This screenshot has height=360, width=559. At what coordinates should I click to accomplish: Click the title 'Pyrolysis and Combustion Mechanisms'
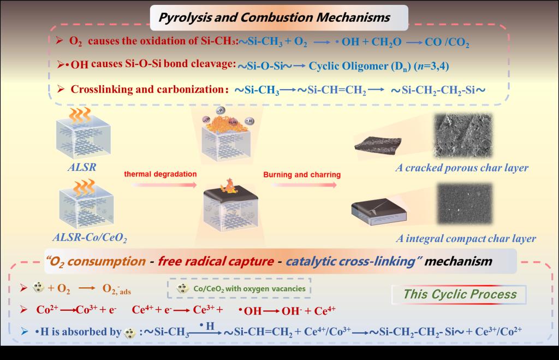pos(273,17)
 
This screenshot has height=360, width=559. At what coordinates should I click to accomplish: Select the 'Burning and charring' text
pos(302,175)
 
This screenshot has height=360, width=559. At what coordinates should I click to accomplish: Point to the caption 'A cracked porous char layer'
pos(462,167)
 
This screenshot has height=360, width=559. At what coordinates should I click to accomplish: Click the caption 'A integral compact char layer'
pos(465,238)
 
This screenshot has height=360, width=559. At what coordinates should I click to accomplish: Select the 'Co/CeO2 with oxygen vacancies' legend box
pos(239,288)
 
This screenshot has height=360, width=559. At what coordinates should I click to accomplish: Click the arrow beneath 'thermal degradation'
pos(160,185)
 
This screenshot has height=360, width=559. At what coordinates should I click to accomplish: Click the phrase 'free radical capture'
pos(216,261)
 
